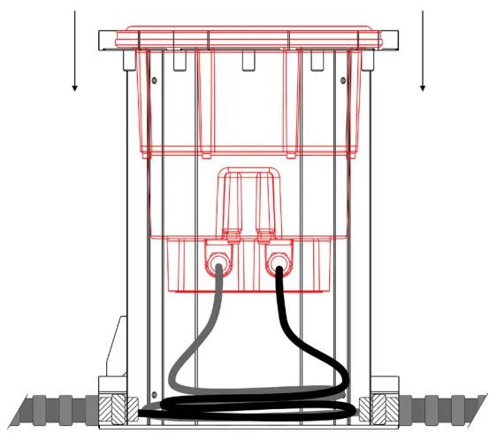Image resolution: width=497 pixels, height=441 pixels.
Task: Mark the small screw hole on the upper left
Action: point(156,81)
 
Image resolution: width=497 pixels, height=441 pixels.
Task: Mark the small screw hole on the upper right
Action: point(342,81)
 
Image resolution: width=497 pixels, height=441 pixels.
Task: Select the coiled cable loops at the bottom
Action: point(248,407)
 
